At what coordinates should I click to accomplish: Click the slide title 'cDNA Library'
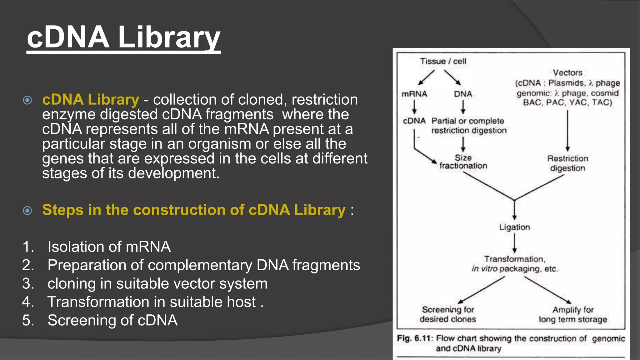point(123,37)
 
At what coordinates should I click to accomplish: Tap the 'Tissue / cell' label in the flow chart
point(443,61)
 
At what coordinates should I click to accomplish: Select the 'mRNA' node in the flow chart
point(414,94)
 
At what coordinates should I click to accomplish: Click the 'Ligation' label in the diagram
point(514,227)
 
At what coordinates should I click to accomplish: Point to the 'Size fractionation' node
point(463,162)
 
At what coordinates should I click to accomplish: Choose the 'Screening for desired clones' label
point(448,314)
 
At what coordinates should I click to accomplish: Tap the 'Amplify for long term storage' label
point(573,315)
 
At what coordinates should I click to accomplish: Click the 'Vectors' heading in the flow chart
point(567,72)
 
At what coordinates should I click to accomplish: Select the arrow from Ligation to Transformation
point(514,243)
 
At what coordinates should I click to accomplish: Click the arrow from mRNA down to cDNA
point(414,107)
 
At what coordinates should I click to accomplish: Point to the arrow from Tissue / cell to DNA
point(452,77)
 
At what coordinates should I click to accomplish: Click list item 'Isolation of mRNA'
point(109,247)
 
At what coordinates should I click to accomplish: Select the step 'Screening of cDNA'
point(112,320)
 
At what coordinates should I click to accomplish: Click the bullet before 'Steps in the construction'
point(27,210)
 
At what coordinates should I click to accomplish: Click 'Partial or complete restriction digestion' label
point(469,126)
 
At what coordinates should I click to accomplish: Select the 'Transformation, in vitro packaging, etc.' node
point(514,264)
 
